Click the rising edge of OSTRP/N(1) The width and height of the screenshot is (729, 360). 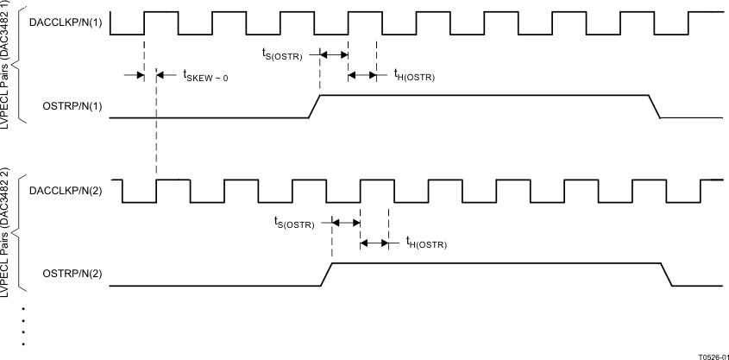click(x=314, y=106)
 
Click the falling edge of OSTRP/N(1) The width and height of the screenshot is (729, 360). click(x=655, y=106)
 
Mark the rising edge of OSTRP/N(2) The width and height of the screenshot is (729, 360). click(x=327, y=274)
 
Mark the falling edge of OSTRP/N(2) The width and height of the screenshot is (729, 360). click(x=668, y=274)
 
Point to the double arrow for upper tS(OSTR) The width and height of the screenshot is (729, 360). click(x=333, y=54)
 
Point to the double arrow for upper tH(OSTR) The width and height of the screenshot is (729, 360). click(x=361, y=75)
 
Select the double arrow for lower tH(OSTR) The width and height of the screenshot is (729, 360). click(x=374, y=243)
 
